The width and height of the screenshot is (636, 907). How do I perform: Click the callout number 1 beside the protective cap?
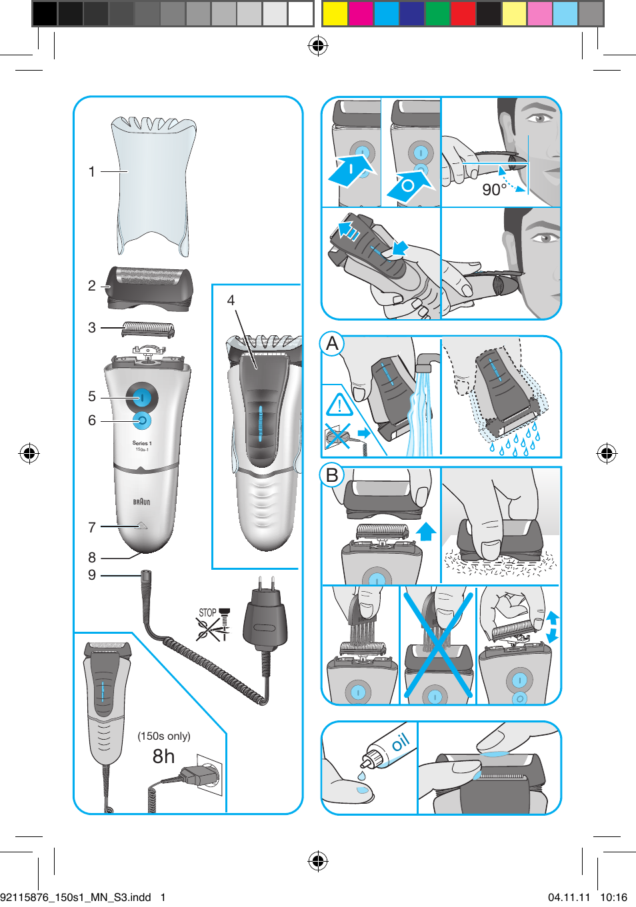click(x=92, y=172)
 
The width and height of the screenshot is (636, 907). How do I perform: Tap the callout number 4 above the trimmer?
click(x=231, y=301)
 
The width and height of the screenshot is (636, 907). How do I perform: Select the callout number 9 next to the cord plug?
click(x=92, y=575)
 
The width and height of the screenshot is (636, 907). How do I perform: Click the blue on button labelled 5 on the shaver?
click(x=141, y=398)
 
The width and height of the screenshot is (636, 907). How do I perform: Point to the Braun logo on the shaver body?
click(x=141, y=502)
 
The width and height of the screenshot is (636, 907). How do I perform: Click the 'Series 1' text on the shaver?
click(x=141, y=443)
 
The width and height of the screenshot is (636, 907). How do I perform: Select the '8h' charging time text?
click(x=163, y=756)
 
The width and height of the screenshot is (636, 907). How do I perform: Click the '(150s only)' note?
click(x=164, y=736)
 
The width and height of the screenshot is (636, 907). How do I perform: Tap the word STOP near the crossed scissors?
click(x=207, y=612)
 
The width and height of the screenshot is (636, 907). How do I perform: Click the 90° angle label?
click(x=494, y=190)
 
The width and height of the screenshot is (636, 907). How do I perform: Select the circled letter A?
click(x=333, y=344)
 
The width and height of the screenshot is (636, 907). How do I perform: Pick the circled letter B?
click(x=333, y=475)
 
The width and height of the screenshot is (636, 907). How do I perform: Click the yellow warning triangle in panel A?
click(x=339, y=405)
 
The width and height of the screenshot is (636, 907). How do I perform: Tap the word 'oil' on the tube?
click(x=400, y=742)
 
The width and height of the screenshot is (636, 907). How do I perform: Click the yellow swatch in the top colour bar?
click(x=335, y=13)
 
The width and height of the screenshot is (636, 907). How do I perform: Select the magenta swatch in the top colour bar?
click(x=361, y=13)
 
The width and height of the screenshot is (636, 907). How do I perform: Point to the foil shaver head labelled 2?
click(x=150, y=288)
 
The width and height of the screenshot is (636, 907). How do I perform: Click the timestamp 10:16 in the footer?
click(x=613, y=897)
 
